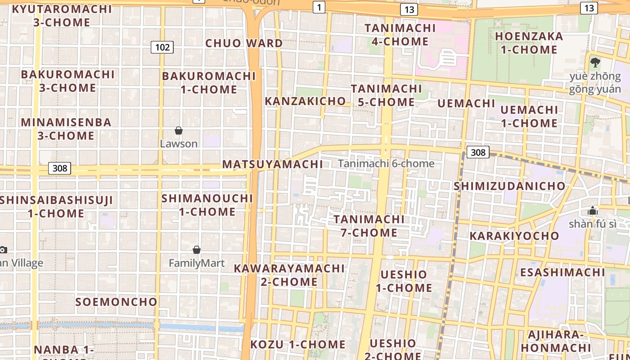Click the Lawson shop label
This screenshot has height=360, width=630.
tap(179, 144)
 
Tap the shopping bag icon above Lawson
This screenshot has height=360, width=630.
tap(179, 130)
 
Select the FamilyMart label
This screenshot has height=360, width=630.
tap(197, 263)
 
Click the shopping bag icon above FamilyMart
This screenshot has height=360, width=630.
tap(197, 250)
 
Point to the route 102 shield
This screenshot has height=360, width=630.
tap(162, 47)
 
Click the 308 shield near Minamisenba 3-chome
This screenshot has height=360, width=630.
tap(59, 168)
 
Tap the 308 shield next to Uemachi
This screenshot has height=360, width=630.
tap(477, 152)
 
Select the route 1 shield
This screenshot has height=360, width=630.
tap(319, 7)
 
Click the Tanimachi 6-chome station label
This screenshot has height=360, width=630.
tap(386, 163)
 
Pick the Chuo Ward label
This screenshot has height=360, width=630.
tap(244, 43)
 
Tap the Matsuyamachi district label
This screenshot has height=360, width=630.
tap(273, 164)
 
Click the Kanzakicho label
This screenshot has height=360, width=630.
tap(305, 101)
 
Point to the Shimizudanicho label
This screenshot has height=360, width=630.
tap(509, 186)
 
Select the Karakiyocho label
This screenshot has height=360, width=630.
tap(514, 236)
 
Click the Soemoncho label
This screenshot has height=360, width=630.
tap(116, 301)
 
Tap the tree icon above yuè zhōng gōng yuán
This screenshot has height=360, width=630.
tap(595, 62)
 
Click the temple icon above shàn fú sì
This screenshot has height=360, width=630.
tap(592, 211)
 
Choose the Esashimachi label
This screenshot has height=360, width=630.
tap(562, 272)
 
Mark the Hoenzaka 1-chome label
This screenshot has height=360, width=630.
tap(529, 43)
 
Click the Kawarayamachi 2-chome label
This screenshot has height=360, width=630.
tap(289, 275)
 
